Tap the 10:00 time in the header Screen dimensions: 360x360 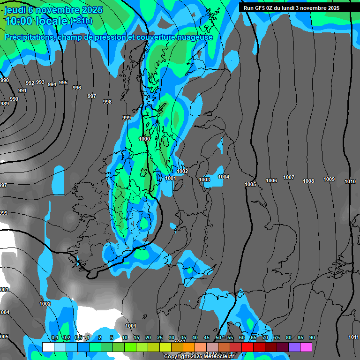click(x=17, y=21)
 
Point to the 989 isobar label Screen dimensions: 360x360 click(x=4, y=104)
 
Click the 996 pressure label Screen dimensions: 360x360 click(x=77, y=88)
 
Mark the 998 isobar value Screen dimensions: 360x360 click(x=107, y=102)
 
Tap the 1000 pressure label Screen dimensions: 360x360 click(x=144, y=139)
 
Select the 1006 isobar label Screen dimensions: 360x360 click(x=271, y=181)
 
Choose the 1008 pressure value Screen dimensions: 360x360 click(x=308, y=181)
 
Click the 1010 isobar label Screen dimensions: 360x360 click(x=350, y=181)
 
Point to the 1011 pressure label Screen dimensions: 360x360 click(x=353, y=337)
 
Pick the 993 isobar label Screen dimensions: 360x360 click(x=40, y=82)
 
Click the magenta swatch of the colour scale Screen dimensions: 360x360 click(x=306, y=347)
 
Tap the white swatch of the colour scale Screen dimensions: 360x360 click(x=48, y=347)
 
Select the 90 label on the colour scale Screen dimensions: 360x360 click(x=312, y=338)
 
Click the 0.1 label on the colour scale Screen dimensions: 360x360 click(x=55, y=338)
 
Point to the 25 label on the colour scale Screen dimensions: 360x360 click(x=160, y=338)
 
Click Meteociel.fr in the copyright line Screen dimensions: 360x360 click(x=216, y=357)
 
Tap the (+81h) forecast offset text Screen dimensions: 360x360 click(x=81, y=21)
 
